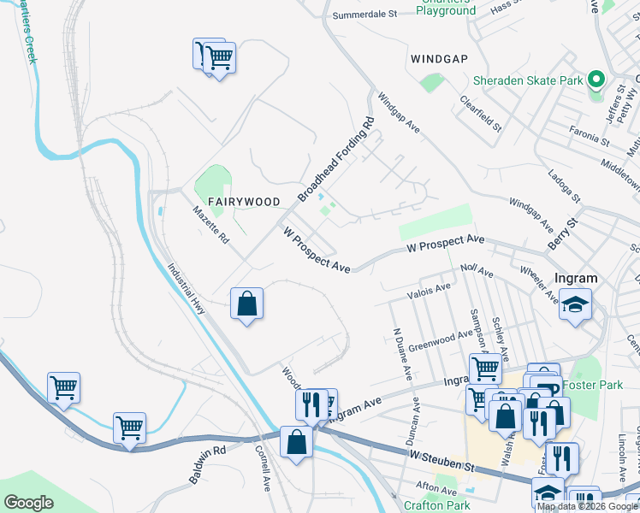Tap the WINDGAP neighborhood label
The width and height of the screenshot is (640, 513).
440,59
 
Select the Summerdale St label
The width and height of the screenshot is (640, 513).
365,15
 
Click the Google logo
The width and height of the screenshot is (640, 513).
28,503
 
